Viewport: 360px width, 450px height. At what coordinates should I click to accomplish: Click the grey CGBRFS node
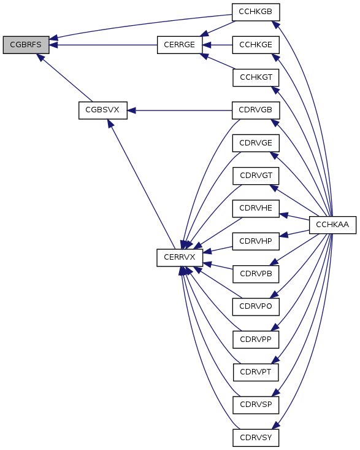[26, 45]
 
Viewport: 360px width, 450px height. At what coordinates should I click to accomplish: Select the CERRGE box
[180, 45]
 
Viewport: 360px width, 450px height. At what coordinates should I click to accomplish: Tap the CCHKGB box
[256, 12]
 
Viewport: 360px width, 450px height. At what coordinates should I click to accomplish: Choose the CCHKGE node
[256, 45]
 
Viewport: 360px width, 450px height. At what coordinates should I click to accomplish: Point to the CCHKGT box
[256, 77]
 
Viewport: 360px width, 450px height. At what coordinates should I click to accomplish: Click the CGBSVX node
[103, 111]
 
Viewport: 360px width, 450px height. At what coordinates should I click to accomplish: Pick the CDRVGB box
[256, 111]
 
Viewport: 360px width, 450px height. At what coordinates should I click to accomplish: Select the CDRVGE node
[256, 143]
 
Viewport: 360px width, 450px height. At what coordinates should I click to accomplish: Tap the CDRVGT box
[256, 176]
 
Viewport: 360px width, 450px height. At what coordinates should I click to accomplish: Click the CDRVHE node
[256, 209]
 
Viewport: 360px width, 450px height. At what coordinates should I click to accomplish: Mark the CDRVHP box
[256, 241]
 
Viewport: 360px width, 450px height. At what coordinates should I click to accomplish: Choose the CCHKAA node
[333, 225]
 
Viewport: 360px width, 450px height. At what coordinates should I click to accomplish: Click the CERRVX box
[180, 258]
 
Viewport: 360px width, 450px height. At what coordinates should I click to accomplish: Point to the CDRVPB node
[256, 274]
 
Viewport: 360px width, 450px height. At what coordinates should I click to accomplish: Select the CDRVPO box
[256, 307]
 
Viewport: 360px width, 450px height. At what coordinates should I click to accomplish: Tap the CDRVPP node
[256, 339]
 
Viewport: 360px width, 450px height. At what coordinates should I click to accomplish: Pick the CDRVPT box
[256, 372]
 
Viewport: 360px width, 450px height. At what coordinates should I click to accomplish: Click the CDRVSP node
[256, 405]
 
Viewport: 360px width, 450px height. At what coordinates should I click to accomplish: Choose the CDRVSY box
[256, 438]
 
